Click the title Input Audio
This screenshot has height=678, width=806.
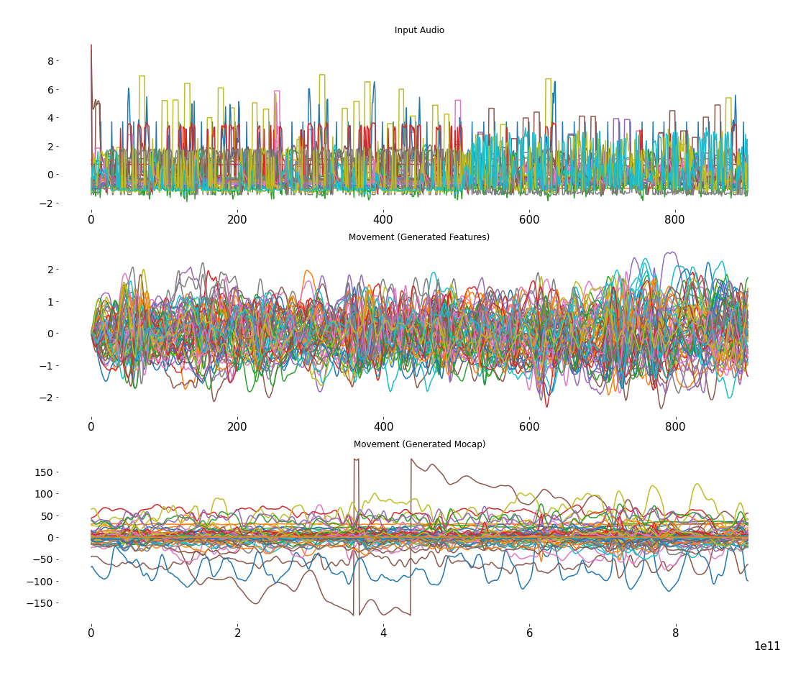(x=419, y=30)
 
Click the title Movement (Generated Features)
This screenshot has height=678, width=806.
(x=419, y=237)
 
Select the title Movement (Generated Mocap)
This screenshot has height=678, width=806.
(x=419, y=444)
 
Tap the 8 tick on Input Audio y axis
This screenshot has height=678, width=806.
(x=50, y=61)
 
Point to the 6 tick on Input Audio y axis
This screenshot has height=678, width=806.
(x=50, y=90)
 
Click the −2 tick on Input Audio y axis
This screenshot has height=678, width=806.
(x=47, y=203)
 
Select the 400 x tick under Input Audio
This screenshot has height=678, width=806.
(x=383, y=219)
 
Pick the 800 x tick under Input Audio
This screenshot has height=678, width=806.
(x=675, y=219)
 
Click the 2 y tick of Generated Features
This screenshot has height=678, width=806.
(x=50, y=270)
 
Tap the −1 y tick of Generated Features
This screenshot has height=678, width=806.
(x=47, y=366)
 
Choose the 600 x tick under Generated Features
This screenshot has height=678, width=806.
(x=529, y=426)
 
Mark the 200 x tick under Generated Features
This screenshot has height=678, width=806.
(x=237, y=426)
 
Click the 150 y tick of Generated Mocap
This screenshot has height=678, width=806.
(x=45, y=472)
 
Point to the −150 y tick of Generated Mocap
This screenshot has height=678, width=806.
(x=42, y=603)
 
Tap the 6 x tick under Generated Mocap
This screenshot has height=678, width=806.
(x=529, y=633)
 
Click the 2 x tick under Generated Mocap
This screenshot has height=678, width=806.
(x=237, y=633)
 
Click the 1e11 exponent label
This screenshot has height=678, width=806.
(x=766, y=646)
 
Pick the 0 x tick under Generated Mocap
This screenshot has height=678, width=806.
(x=91, y=633)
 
